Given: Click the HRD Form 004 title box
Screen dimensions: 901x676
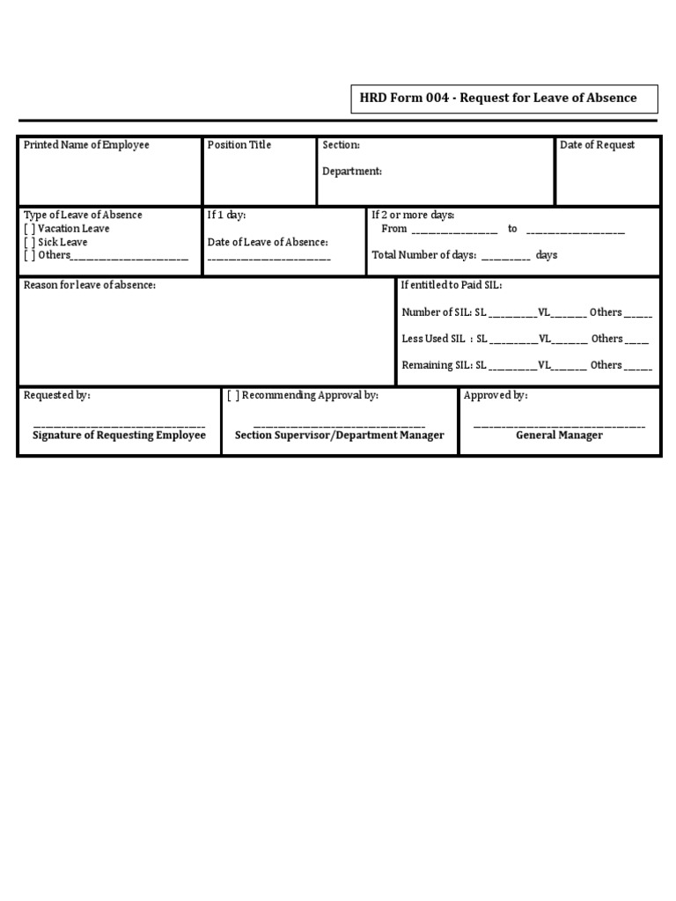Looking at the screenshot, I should coord(503,99).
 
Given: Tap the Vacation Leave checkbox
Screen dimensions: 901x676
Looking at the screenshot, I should coord(29,229).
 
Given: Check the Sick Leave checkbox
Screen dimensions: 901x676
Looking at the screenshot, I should coord(29,242).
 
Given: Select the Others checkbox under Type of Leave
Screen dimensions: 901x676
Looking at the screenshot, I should coord(29,255).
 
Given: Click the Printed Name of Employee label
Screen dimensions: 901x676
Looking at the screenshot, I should coord(86,145).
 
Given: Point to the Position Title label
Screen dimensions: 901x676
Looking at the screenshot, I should coord(239,145).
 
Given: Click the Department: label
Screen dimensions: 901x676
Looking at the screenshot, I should coord(352,172).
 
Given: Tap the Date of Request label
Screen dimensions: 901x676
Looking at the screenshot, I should coord(597,145).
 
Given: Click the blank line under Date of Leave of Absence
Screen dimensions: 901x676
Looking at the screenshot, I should coord(269,259).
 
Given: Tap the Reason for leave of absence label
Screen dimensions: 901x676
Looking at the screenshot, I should coord(90,285).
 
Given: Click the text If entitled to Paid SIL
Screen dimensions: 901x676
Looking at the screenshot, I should coord(452,285).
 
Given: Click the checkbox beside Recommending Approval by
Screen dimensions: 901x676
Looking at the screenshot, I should coord(233,396).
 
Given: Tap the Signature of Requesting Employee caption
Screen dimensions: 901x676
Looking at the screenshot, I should coord(119,436).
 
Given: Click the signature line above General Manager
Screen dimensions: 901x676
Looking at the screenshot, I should coord(559,427).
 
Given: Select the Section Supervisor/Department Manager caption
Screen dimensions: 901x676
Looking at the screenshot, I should coord(340,436).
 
